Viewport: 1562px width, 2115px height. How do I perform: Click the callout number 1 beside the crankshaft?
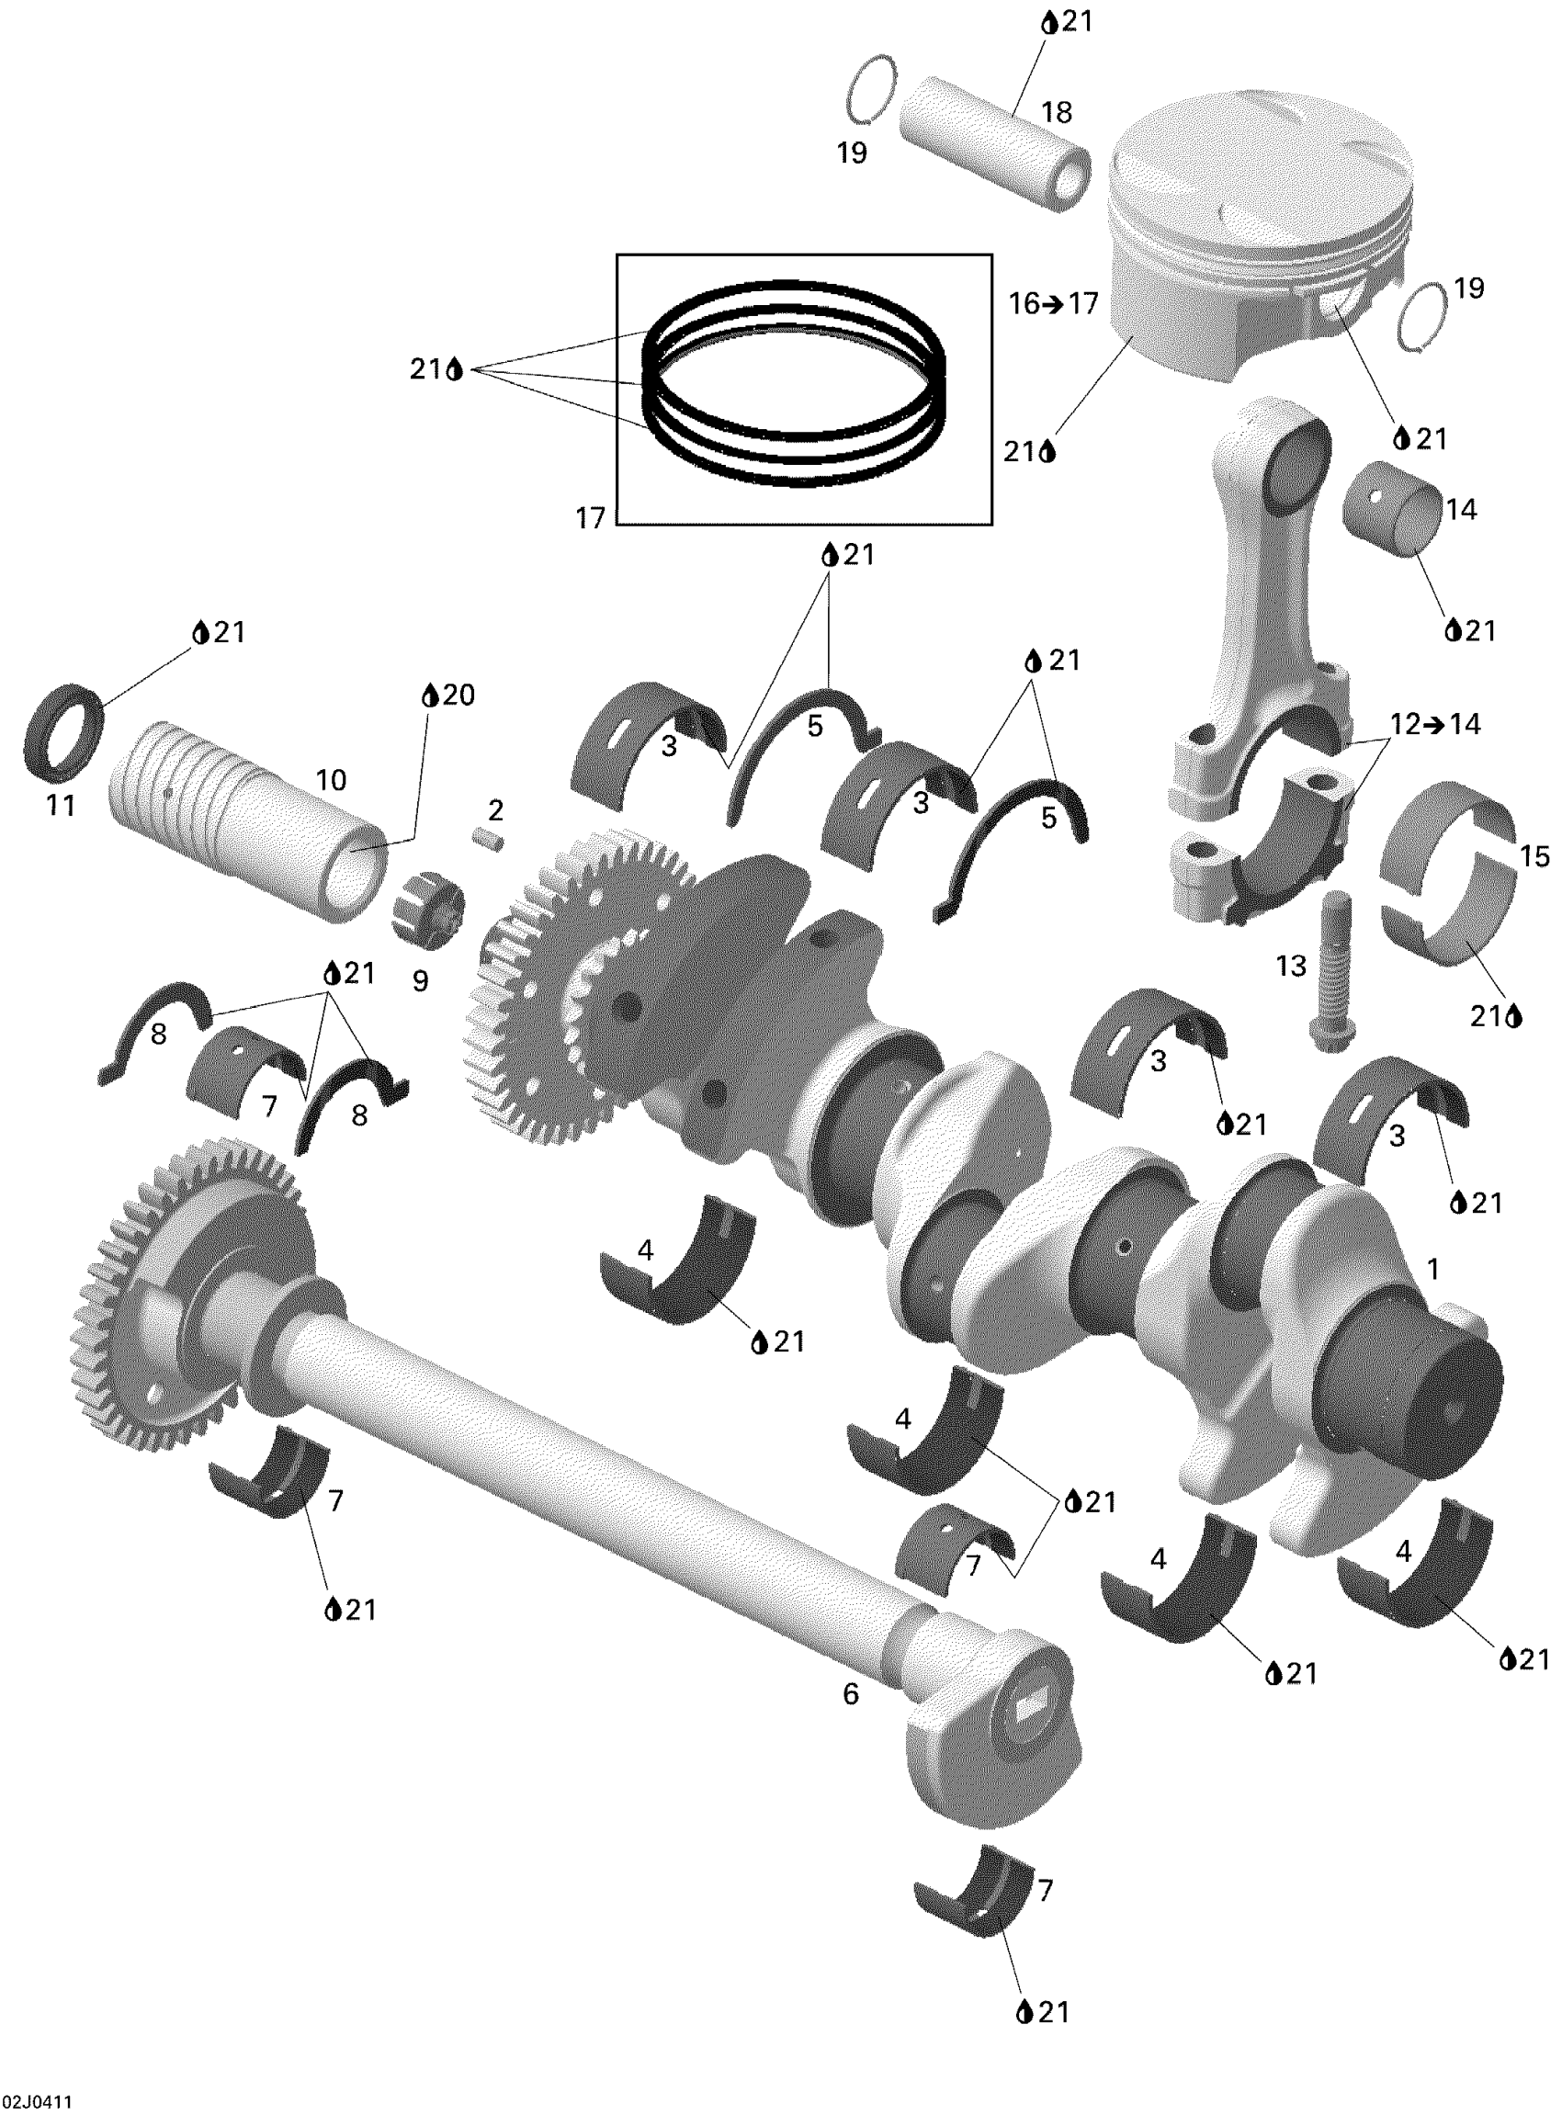pos(1433,1269)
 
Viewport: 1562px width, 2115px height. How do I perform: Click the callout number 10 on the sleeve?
pos(331,780)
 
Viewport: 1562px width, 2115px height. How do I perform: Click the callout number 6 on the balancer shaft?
pos(851,1694)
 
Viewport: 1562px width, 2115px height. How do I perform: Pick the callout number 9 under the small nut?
pos(420,980)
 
